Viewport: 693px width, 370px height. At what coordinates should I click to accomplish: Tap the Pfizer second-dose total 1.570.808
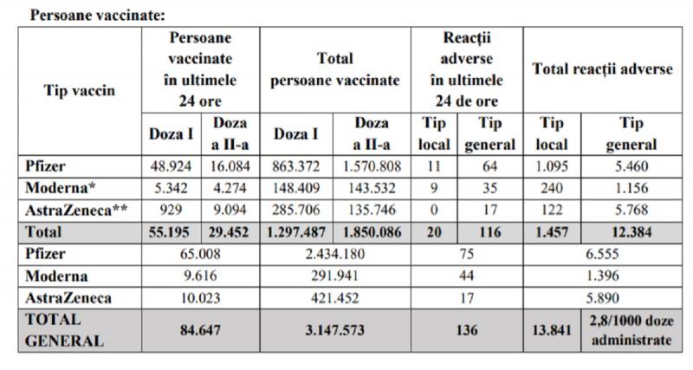pyautogui.click(x=372, y=164)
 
